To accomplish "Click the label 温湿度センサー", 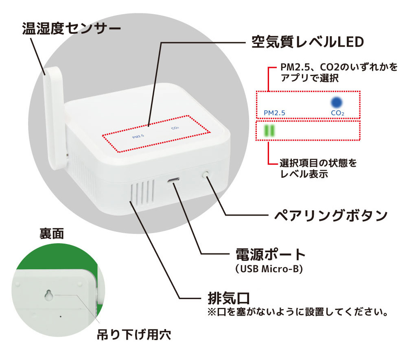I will pyautogui.click(x=72, y=29).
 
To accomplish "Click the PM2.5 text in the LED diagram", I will pyautogui.click(x=274, y=112).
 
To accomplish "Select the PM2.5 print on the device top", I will pyautogui.click(x=138, y=137).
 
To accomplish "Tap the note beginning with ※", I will pyautogui.click(x=297, y=313).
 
